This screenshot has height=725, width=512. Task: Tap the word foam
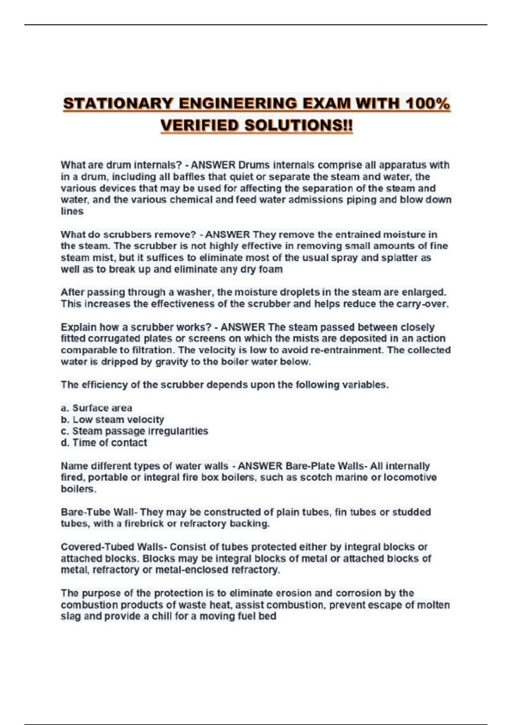click(271, 269)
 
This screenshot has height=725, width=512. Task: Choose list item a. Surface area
click(96, 408)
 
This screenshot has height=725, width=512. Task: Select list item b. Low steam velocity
click(112, 420)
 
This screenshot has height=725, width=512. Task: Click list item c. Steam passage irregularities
click(134, 431)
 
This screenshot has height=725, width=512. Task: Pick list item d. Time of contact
click(104, 443)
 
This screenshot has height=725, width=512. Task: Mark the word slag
click(70, 616)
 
